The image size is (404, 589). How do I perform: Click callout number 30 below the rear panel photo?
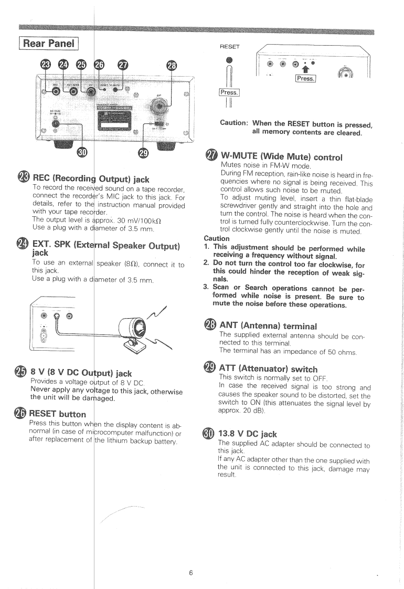point(82,152)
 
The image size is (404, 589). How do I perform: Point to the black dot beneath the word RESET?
point(229,59)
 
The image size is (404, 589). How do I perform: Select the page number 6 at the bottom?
point(191,558)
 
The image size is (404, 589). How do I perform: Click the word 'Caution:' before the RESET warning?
point(234,123)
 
